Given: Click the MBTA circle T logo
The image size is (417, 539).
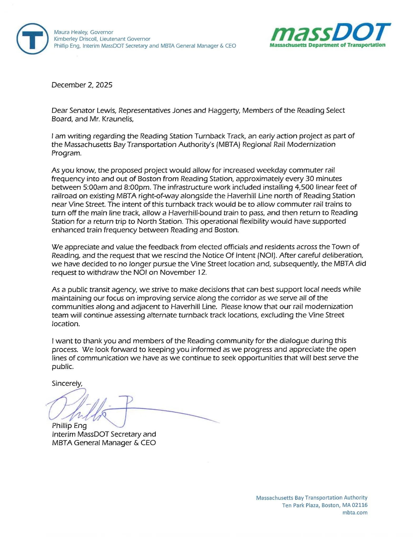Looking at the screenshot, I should point(33,39).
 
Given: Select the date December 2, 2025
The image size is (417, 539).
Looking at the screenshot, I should point(82,85).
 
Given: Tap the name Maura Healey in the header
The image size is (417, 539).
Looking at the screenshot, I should point(70,32).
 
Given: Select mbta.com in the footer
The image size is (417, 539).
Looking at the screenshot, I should point(355,512).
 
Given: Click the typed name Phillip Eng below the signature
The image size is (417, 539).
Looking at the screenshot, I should point(69,426).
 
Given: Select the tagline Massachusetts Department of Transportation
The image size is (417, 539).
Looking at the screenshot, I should point(327,45).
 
